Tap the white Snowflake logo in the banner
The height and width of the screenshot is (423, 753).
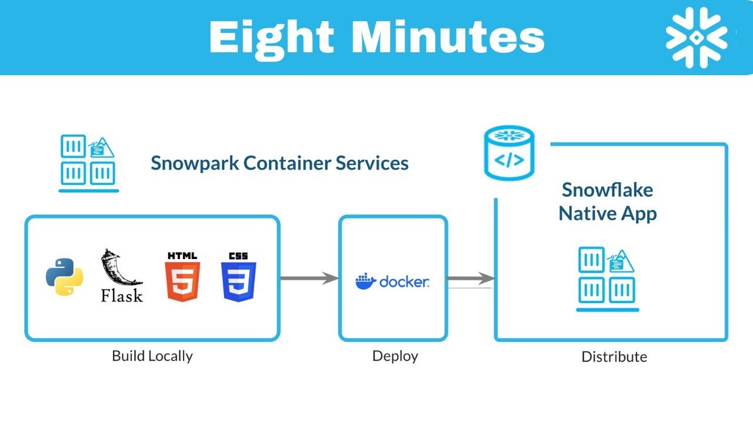tap(697, 37)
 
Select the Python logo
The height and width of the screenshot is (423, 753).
tap(64, 276)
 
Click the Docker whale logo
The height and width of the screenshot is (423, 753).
tap(365, 281)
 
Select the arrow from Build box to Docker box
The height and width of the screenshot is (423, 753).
tap(309, 278)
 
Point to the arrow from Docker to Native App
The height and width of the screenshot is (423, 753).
tap(470, 278)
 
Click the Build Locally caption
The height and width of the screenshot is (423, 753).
tap(152, 356)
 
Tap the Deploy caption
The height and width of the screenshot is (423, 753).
tap(395, 356)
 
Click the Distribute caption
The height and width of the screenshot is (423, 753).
tap(614, 357)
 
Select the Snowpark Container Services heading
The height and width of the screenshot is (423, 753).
tap(279, 163)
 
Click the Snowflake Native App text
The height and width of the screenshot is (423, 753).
tap(608, 202)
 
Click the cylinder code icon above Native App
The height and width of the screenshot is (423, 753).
tap(509, 152)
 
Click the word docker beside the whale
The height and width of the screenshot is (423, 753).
tap(404, 281)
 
